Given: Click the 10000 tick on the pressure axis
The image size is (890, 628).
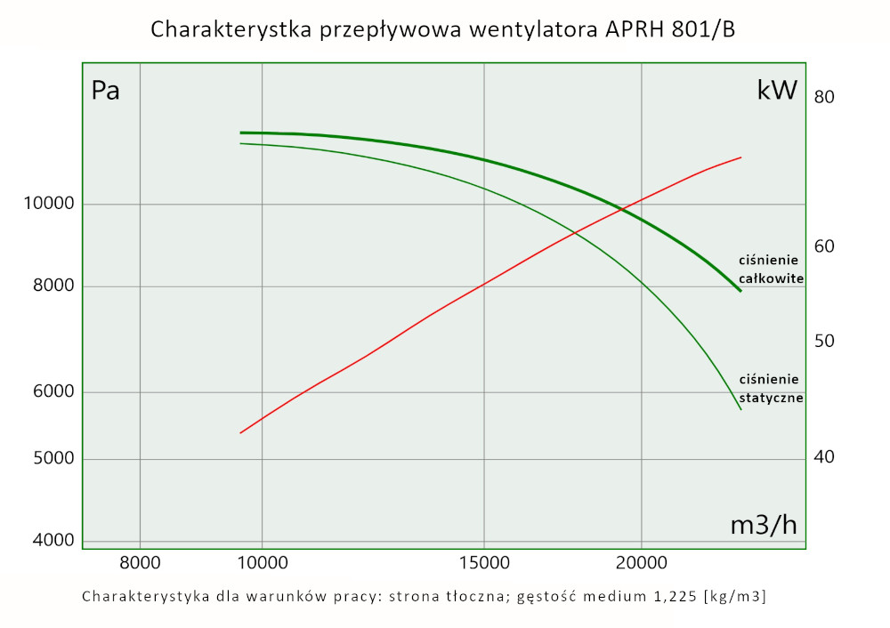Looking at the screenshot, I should point(48,205).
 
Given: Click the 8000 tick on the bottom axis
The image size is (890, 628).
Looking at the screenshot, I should point(140,562).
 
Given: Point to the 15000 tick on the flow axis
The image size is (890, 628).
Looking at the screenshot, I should point(483,562).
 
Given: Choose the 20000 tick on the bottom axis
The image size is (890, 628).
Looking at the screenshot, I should point(642,562).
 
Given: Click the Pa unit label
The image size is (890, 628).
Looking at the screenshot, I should point(106,91).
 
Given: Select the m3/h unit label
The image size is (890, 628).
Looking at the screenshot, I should point(764,526).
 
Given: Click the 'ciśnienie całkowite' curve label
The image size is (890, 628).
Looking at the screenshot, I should point(771,270).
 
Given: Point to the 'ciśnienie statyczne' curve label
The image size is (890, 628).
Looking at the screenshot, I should point(771,389).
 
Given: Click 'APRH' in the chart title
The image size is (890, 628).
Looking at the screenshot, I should point(635,29).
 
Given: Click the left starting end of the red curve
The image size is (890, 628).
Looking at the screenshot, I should point(240,433).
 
